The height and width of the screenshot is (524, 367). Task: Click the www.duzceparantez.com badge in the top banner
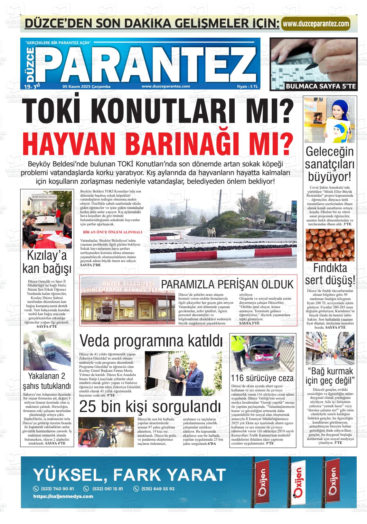click(x=315, y=24)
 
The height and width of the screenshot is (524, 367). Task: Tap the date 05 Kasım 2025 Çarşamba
click(x=87, y=87)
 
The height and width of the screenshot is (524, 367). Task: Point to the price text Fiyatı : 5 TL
click(x=247, y=87)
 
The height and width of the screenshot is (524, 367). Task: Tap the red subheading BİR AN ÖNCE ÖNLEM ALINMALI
click(x=112, y=232)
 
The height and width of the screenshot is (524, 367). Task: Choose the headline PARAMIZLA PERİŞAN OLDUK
click(x=227, y=285)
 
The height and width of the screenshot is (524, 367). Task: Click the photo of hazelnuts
click(x=330, y=245)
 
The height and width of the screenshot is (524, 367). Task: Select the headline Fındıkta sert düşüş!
click(x=330, y=274)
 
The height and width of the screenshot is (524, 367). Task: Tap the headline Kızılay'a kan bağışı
click(x=47, y=262)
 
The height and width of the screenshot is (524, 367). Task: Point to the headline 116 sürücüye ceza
click(x=262, y=378)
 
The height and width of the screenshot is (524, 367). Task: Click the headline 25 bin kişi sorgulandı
click(x=150, y=407)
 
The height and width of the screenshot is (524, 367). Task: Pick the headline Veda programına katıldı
click(x=151, y=341)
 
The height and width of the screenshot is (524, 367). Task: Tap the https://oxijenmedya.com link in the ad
click(x=63, y=496)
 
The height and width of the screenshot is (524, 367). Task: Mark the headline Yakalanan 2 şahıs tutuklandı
click(x=47, y=381)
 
